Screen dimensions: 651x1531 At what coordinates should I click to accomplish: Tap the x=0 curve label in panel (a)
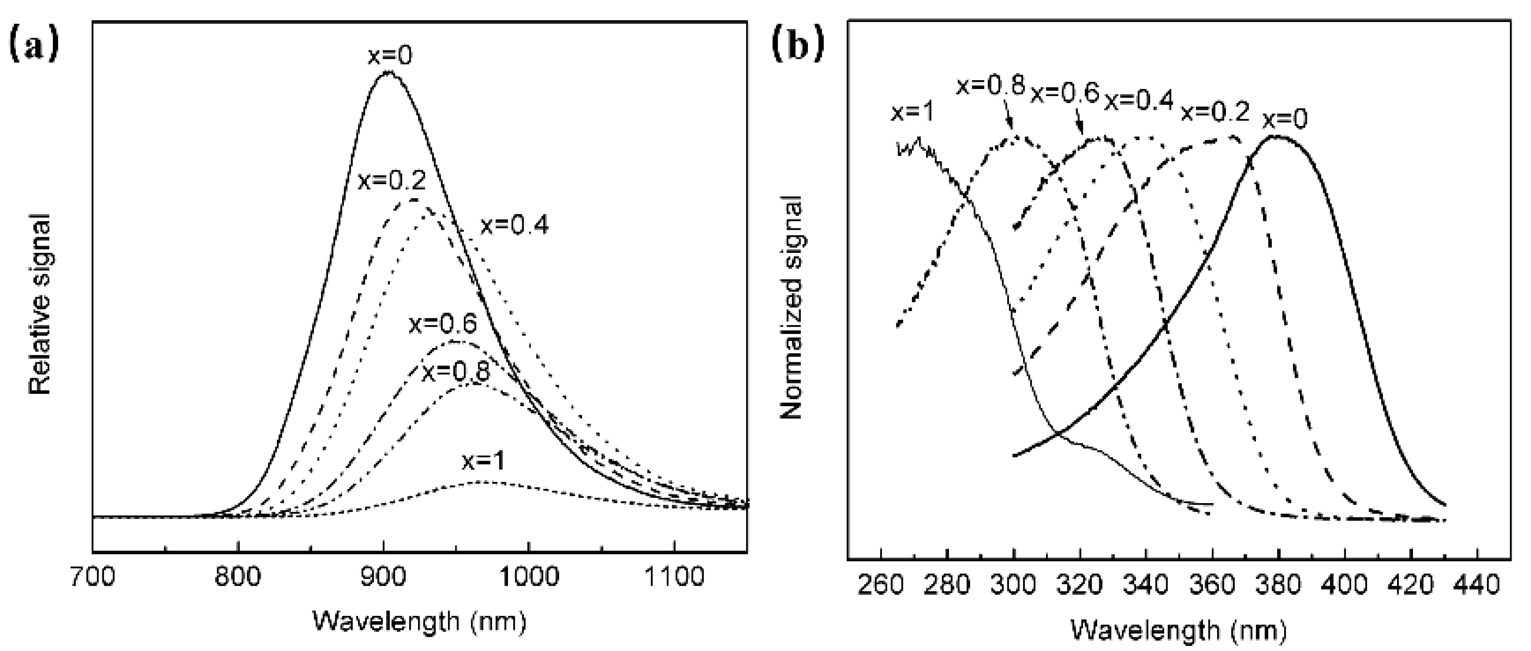pyautogui.click(x=390, y=56)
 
